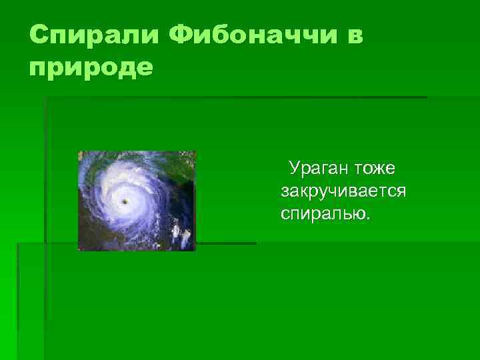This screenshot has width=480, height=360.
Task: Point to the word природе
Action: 91,67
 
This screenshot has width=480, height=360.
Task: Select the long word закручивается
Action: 343,191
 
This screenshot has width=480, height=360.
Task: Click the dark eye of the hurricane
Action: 125,201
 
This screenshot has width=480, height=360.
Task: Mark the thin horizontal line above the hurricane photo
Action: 233,98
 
